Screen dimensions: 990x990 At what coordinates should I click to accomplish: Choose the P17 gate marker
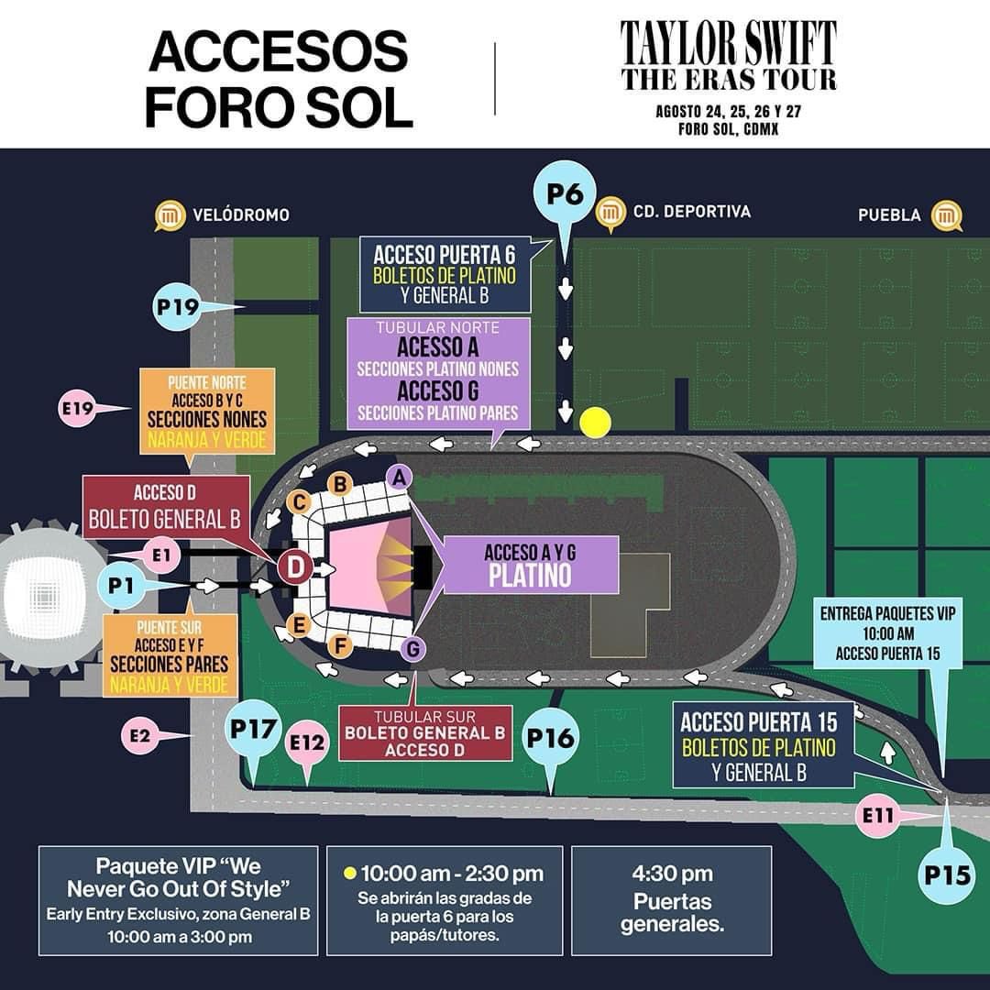coord(253,731)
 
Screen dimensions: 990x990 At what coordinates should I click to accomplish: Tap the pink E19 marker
coord(81,409)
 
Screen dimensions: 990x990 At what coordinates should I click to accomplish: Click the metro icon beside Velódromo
coord(170,215)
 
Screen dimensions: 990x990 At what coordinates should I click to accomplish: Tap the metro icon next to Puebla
coord(946,216)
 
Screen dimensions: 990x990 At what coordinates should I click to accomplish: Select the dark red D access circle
coord(295,568)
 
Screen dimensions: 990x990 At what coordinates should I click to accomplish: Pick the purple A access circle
coord(397,476)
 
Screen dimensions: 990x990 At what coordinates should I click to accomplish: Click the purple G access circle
coord(414,649)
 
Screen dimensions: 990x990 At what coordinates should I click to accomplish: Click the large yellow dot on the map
coord(595,423)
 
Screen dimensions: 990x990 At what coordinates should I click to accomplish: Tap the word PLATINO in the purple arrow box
coord(530,575)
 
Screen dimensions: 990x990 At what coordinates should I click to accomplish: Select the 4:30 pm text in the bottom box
coord(671,874)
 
